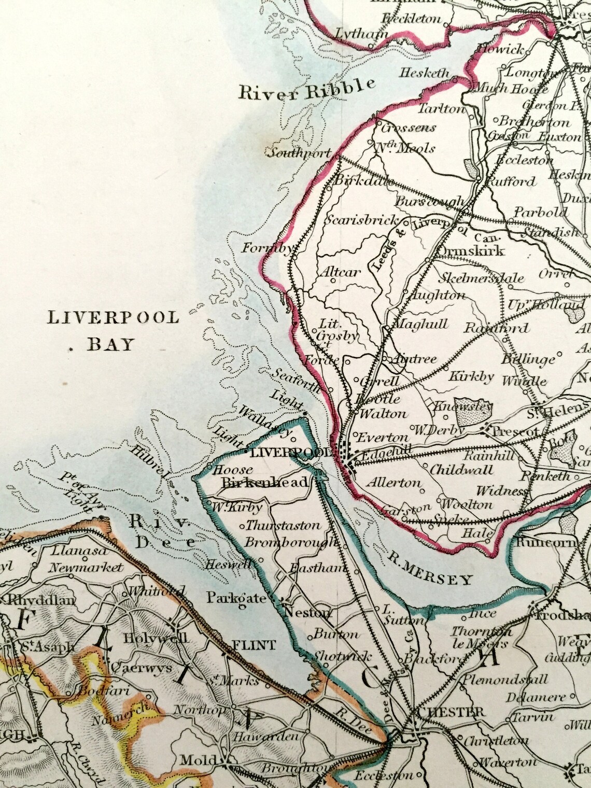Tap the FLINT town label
(254, 645)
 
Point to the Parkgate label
(236, 598)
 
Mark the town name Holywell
(156, 638)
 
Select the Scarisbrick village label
(363, 220)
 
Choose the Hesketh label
(425, 73)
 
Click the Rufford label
(511, 181)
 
